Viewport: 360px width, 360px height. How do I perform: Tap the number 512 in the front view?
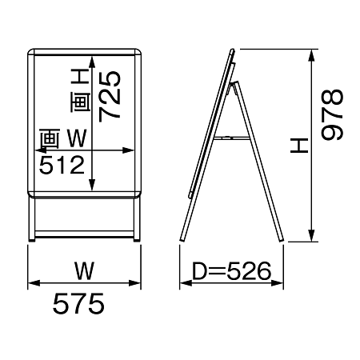[x=62, y=166]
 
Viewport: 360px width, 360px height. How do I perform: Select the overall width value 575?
[x=78, y=304]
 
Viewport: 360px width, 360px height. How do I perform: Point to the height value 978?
[x=332, y=115]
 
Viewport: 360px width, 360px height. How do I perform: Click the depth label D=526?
[x=231, y=271]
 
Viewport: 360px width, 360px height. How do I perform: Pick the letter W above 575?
[x=84, y=270]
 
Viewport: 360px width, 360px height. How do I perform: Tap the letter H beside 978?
[x=299, y=146]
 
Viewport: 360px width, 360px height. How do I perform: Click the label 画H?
[x=80, y=90]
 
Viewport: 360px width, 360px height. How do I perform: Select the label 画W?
[x=63, y=138]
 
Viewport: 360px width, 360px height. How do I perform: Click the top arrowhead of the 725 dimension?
[x=92, y=62]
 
